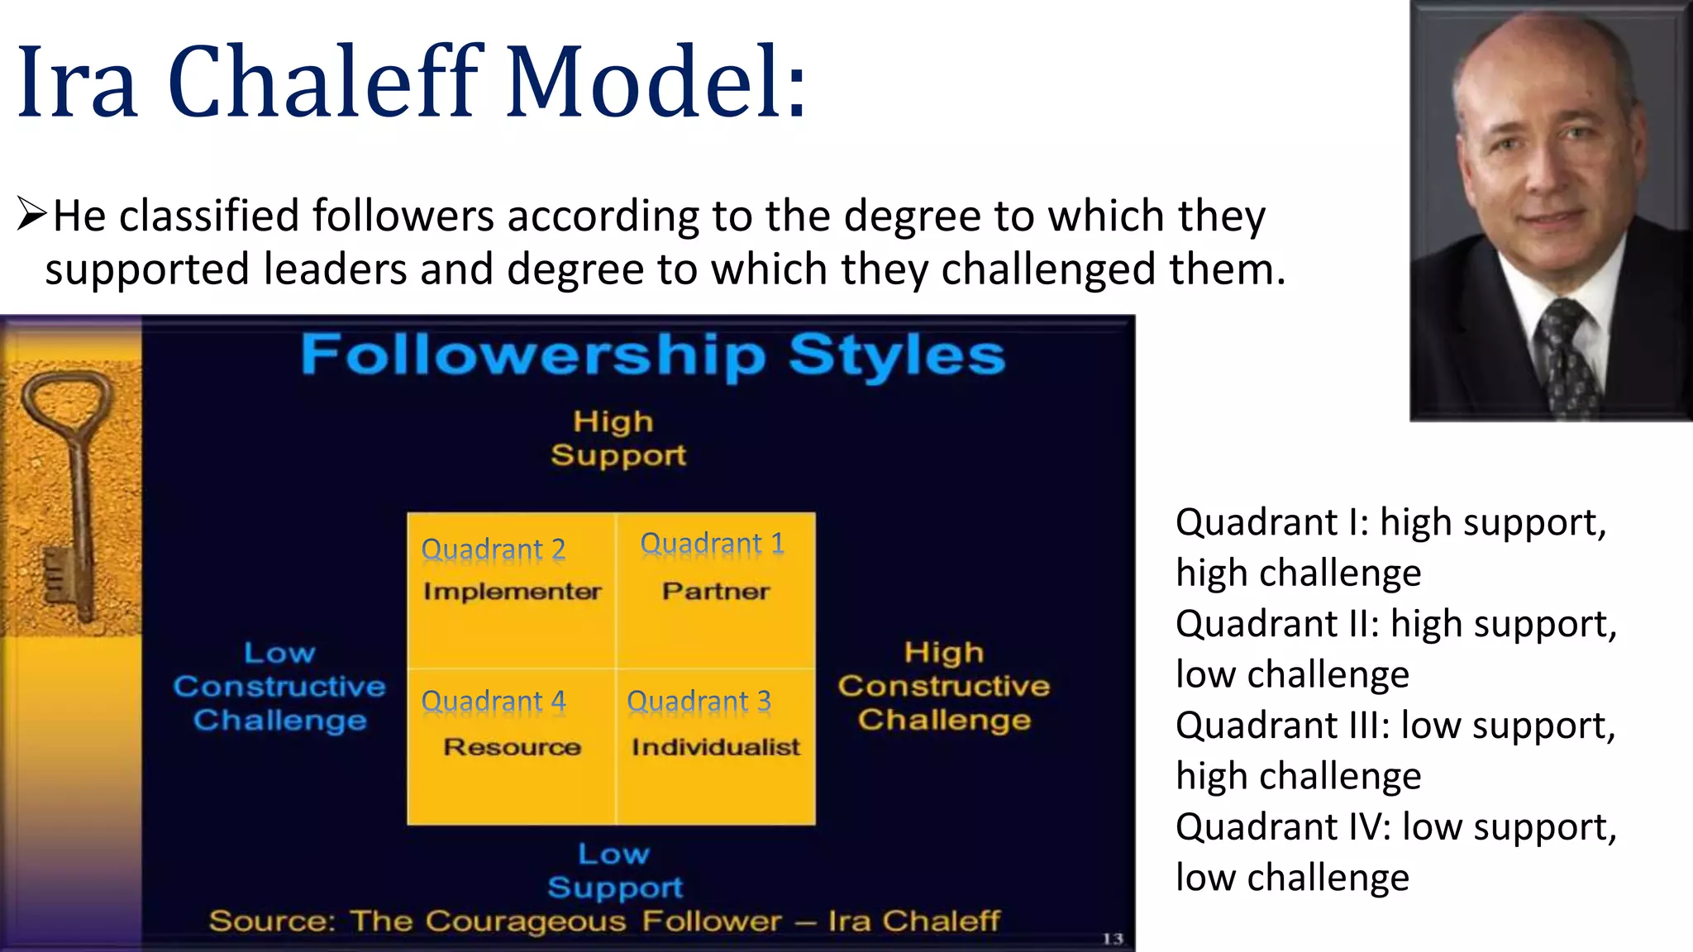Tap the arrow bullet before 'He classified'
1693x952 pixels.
point(31,215)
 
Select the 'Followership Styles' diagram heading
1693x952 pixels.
point(652,355)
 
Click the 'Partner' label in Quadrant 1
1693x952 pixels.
point(715,592)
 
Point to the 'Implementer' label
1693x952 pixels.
point(512,592)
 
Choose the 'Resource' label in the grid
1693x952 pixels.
point(512,747)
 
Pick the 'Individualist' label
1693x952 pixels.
point(715,747)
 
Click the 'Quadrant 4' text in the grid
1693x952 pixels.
point(494,702)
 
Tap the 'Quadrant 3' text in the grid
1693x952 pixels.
point(699,702)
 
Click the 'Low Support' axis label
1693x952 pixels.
point(614,870)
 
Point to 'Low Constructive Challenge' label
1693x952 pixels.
point(279,687)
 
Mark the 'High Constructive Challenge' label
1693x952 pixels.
point(943,686)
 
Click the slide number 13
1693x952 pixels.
point(1112,939)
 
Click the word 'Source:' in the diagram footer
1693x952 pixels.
point(271,921)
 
